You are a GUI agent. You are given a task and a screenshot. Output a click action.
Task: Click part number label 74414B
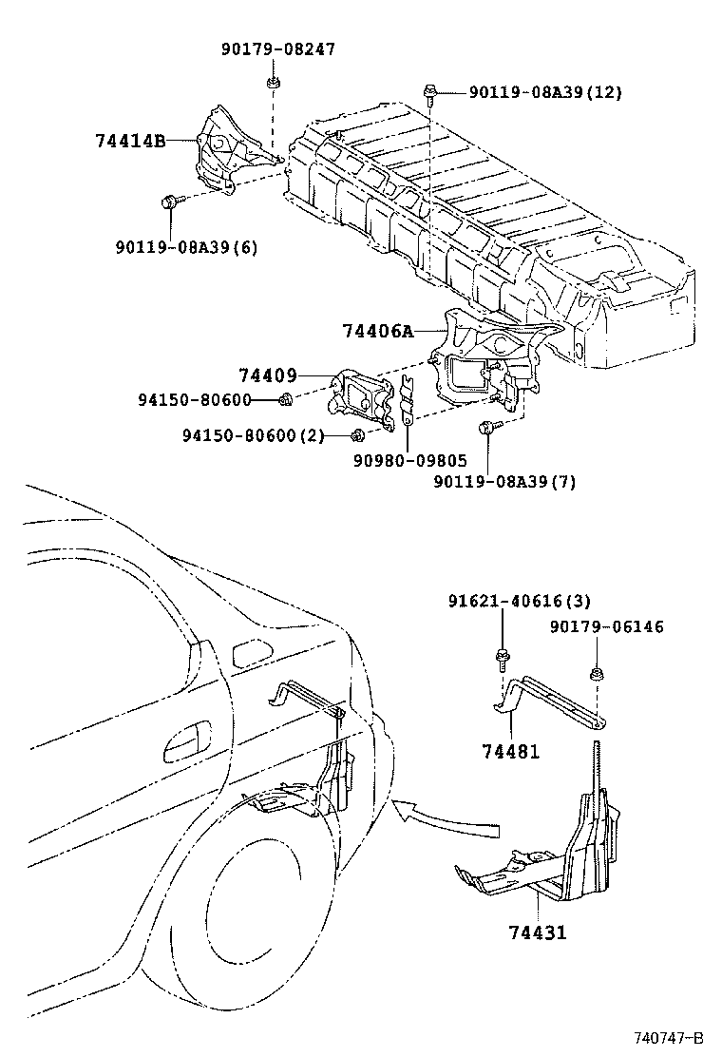130,141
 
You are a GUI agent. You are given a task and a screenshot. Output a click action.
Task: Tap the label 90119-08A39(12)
532,92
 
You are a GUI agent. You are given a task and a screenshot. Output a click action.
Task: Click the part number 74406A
378,331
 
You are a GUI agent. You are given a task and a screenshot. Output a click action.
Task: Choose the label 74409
267,375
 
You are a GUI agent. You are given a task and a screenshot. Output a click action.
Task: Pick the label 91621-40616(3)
519,600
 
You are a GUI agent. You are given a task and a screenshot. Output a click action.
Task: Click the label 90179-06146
607,626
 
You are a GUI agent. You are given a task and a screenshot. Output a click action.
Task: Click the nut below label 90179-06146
596,676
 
